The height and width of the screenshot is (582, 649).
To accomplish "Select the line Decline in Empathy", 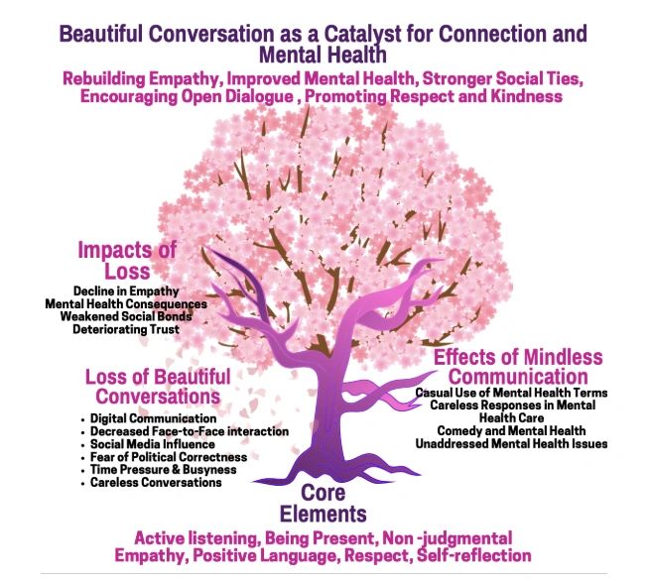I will click(125, 290).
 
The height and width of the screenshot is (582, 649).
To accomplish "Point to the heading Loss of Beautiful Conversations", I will click(158, 388).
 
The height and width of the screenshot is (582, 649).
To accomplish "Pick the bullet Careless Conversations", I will click(156, 483).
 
